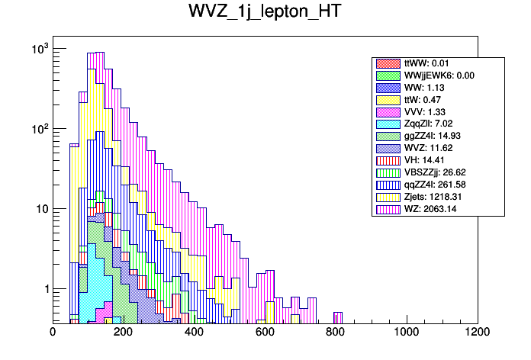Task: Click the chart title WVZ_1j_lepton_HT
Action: click(x=265, y=13)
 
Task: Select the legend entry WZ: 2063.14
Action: click(x=429, y=208)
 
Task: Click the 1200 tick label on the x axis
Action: click(x=478, y=332)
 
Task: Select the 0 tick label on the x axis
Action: click(x=53, y=332)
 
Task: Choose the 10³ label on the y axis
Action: click(x=39, y=49)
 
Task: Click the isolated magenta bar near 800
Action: click(x=338, y=317)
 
